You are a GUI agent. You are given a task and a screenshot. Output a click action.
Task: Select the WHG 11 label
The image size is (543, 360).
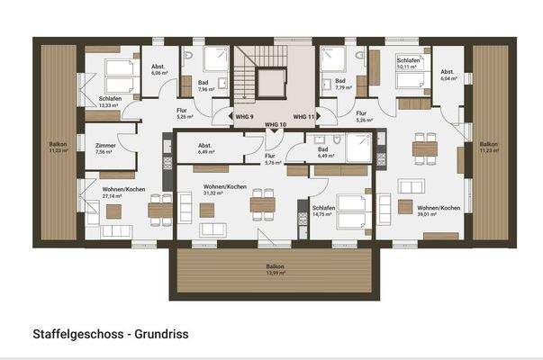(303, 117)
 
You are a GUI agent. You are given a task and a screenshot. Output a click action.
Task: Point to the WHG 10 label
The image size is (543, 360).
(273, 124)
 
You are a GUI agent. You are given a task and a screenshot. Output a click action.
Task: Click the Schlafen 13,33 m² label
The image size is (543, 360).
(110, 102)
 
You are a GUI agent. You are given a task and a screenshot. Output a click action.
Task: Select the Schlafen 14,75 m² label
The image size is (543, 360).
(324, 211)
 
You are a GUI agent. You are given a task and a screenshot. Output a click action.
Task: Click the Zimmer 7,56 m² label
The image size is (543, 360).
(105, 148)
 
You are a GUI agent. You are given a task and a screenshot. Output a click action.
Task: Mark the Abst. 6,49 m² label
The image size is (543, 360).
(205, 148)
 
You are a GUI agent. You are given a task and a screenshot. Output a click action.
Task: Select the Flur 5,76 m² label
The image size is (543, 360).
(270, 159)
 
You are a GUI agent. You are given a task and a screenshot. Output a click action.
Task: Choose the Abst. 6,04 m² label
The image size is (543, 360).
(448, 76)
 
